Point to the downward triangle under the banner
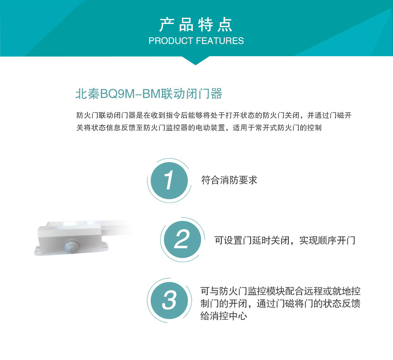(x=196, y=60)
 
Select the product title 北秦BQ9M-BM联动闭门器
(x=149, y=94)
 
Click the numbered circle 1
(x=168, y=181)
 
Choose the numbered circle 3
(x=169, y=299)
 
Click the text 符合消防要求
(x=229, y=180)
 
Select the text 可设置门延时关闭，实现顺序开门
(x=285, y=240)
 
